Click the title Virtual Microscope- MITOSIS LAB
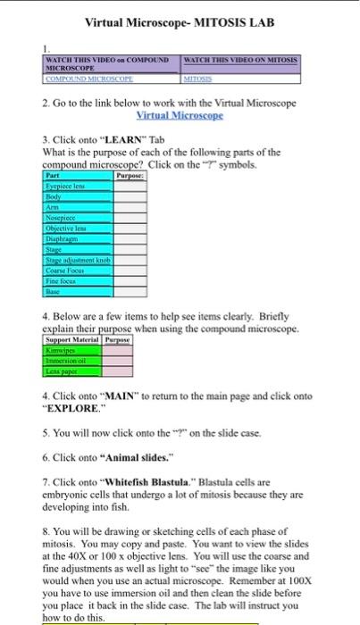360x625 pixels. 180,21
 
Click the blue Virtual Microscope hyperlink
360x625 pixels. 180,117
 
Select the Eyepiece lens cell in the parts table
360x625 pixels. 68,182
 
